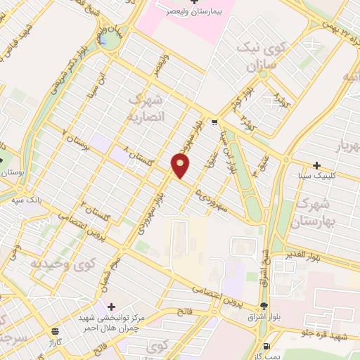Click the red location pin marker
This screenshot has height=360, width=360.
click(181, 165)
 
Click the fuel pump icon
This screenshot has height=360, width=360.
click(265, 345)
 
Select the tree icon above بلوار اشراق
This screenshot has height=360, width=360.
click(264, 305)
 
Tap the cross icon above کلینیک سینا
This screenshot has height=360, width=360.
click(317, 165)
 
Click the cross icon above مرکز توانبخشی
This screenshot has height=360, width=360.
click(110, 306)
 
